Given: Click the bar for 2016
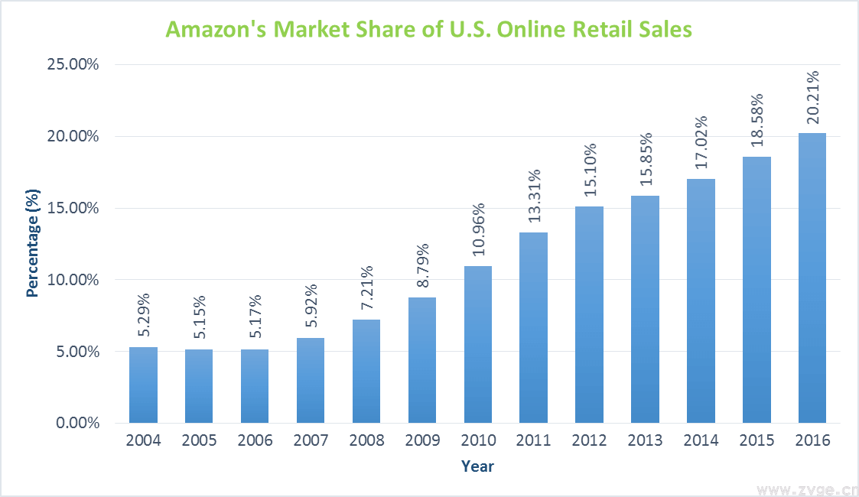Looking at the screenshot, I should (812, 278).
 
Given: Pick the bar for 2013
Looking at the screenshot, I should (645, 309).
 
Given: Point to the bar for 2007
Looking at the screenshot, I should (311, 380).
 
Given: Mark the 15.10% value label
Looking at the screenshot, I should (590, 170).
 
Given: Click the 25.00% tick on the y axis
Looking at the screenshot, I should (73, 64).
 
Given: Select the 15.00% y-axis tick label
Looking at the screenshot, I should (73, 208).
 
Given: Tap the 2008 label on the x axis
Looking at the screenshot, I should (366, 441).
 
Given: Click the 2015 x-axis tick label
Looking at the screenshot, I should (757, 441).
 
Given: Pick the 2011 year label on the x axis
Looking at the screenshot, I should (534, 441).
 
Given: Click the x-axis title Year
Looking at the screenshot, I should (477, 466).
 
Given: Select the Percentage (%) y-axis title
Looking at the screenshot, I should (32, 244).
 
